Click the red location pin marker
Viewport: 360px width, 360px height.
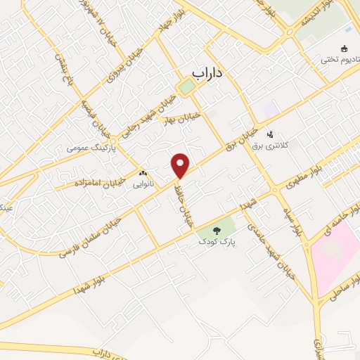(181, 166)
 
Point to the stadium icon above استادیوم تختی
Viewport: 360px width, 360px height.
(344, 49)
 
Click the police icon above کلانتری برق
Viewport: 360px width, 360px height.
(269, 134)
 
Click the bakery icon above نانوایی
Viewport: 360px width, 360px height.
(143, 172)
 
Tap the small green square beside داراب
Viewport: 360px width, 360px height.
(186, 88)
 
